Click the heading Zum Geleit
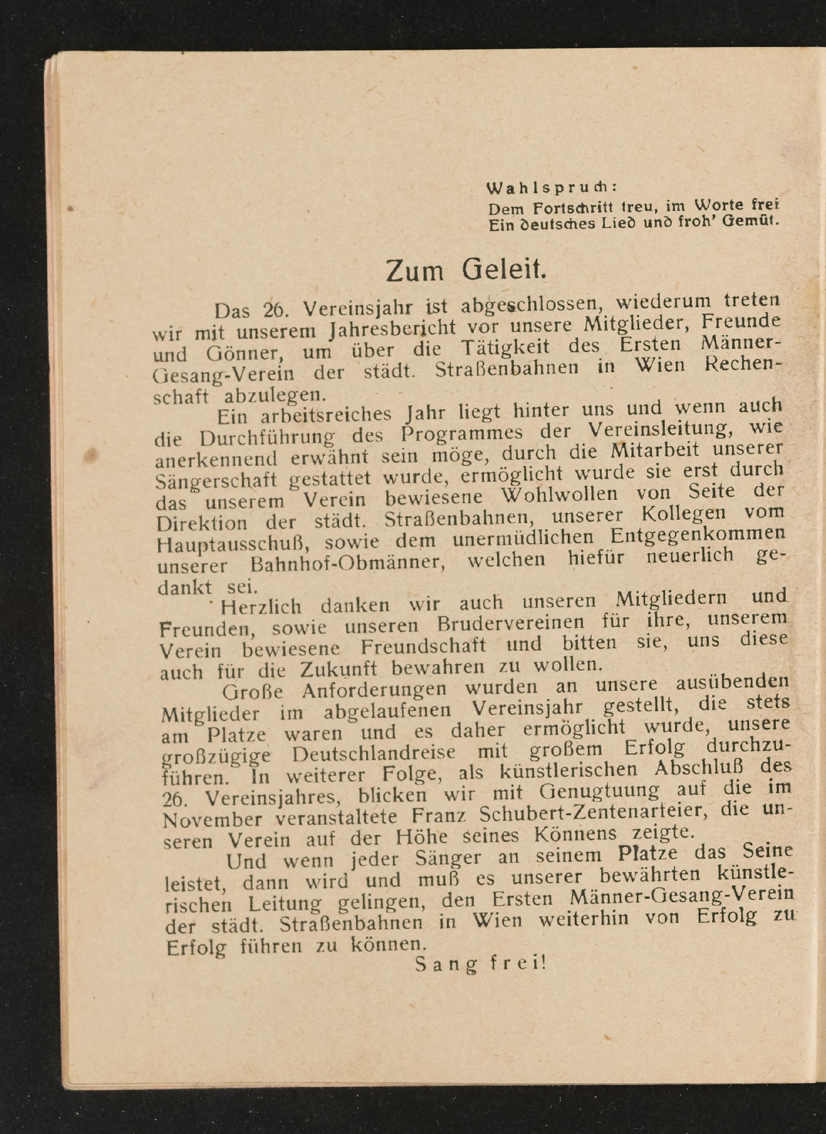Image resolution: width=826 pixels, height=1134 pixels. (x=466, y=270)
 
